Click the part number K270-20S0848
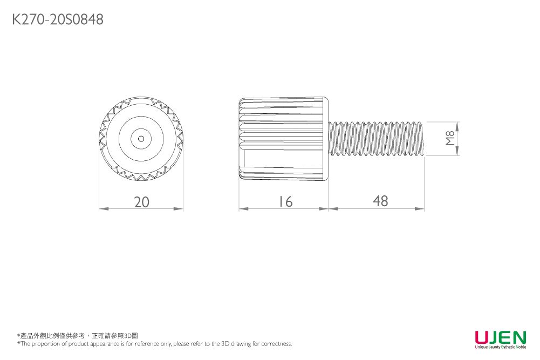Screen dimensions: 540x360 58,19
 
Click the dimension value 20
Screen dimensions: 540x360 141,202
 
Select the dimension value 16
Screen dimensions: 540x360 285,202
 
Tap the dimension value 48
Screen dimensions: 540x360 380,201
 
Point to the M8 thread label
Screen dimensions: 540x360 450,139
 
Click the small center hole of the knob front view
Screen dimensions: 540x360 141,139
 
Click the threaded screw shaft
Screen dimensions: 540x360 376,139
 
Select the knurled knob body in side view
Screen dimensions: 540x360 283,139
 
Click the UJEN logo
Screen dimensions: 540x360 501,337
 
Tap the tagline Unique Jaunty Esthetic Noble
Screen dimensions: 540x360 501,347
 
